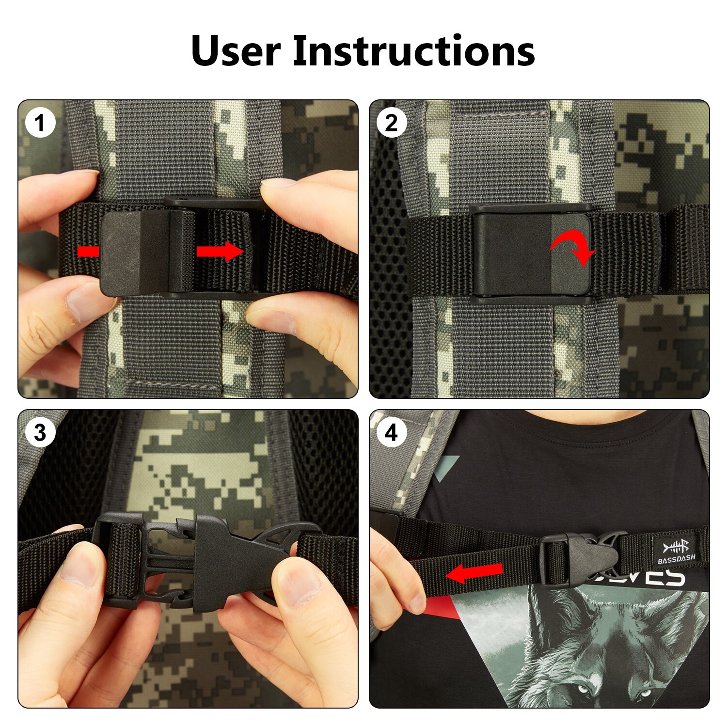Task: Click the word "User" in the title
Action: point(236,50)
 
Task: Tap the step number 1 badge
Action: point(40,123)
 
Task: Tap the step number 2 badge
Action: point(392,123)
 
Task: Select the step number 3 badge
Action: point(40,432)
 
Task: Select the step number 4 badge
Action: point(392,432)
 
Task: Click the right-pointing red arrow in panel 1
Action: point(220,251)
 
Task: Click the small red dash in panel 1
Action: point(88,251)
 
